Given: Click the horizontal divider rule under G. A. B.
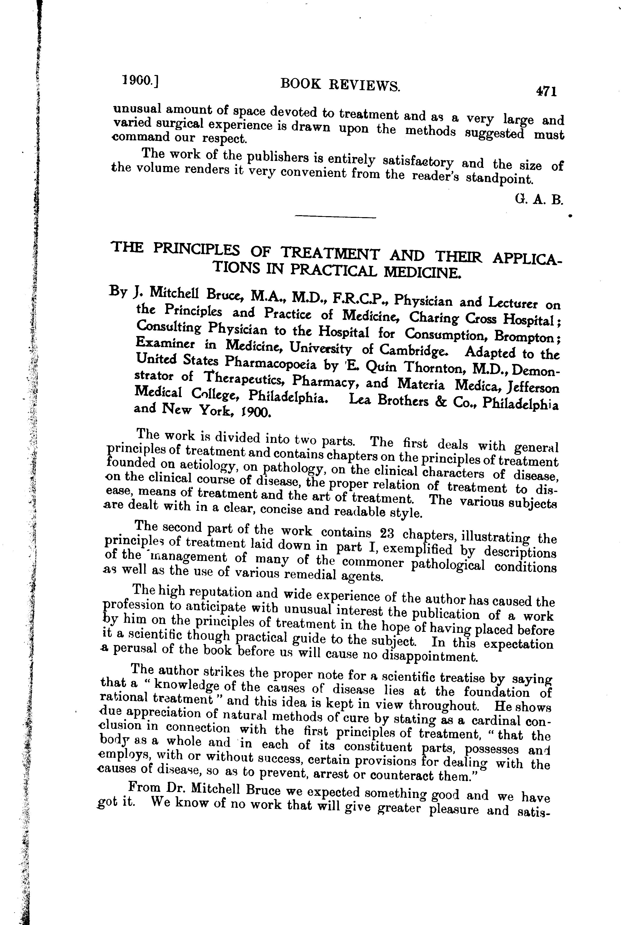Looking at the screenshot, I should pyautogui.click(x=335, y=217).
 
